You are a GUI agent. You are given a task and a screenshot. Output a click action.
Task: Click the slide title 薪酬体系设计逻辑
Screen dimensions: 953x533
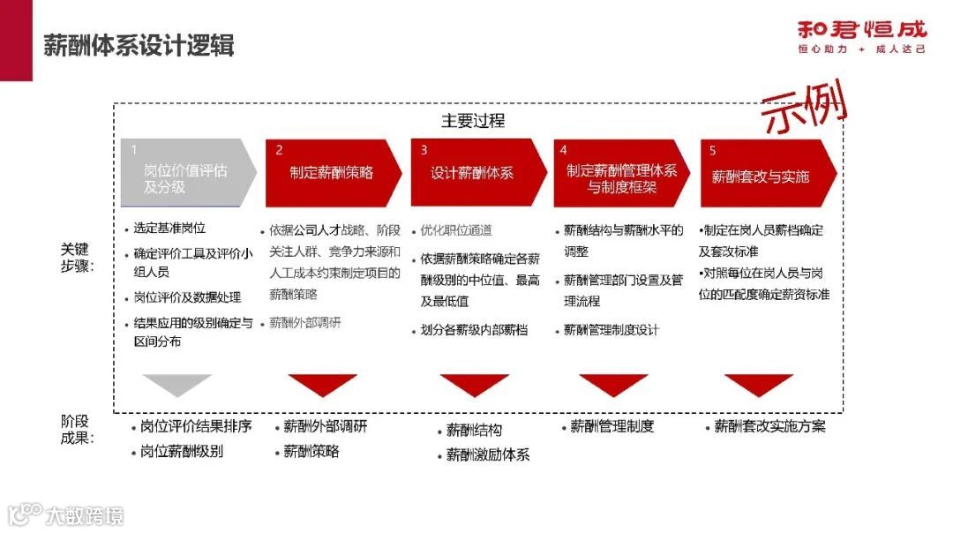[139, 46]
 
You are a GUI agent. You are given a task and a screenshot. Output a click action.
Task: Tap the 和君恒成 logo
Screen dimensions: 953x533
[861, 36]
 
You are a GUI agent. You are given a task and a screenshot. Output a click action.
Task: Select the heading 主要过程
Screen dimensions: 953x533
[473, 120]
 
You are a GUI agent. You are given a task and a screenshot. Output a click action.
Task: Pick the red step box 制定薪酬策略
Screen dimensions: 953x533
[331, 173]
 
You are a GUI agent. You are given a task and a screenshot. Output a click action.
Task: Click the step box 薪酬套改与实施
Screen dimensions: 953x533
[761, 175]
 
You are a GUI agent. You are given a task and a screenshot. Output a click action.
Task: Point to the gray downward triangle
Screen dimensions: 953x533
[177, 384]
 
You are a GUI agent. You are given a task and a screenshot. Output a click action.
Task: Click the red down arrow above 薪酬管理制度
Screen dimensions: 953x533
[613, 384]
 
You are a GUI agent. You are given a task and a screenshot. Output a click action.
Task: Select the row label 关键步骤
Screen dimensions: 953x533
[75, 257]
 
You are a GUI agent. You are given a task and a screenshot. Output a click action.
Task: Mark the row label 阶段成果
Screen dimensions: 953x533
[75, 428]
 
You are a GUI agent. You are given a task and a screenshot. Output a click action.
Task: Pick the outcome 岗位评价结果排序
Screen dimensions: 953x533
[196, 426]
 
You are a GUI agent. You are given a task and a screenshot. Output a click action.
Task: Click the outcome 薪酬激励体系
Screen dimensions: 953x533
[487, 455]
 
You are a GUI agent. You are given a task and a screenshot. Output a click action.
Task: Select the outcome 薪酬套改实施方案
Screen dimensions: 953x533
[769, 427]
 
